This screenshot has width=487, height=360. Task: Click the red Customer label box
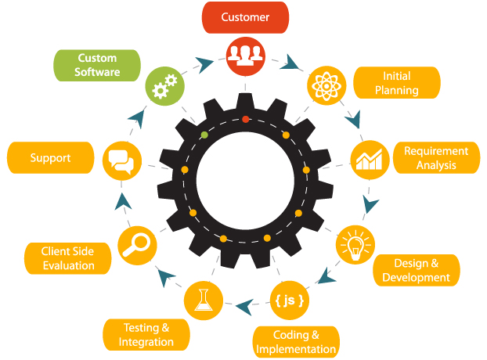coord(245,17)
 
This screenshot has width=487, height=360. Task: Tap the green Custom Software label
coord(97,65)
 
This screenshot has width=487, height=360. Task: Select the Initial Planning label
coord(397,83)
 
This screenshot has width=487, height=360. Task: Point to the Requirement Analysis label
coord(436,158)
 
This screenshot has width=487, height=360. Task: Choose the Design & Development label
coord(417,270)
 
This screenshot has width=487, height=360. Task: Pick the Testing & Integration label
coord(146,335)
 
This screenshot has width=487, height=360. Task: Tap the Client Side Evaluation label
coord(68,258)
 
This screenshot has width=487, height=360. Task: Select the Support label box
coord(50,158)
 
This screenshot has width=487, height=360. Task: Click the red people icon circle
coord(246,56)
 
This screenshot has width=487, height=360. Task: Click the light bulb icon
coord(355,246)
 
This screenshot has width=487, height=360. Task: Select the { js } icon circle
coord(289,300)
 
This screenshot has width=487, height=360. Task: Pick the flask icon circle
coord(203,300)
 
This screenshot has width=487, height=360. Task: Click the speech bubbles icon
coord(122,162)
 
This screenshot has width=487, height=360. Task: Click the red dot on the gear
coord(245,119)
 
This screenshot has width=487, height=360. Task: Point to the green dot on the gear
coord(204,135)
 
